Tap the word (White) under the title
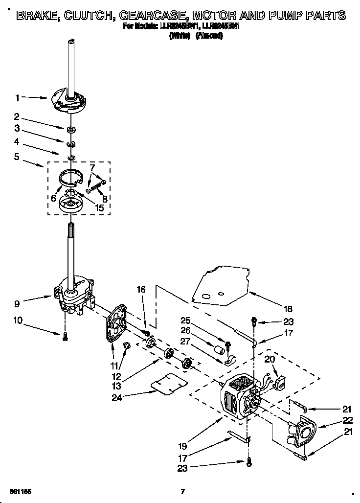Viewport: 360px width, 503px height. tap(180, 36)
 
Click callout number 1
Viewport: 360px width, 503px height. tap(17, 98)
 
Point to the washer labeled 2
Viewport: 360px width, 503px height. tap(71, 130)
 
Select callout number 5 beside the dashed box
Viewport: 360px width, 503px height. tap(17, 157)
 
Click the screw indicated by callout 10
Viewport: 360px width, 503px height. tap(65, 335)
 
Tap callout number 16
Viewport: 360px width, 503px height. tap(141, 290)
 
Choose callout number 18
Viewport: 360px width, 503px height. tap(288, 309)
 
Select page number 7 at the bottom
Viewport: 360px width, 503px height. tap(182, 491)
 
